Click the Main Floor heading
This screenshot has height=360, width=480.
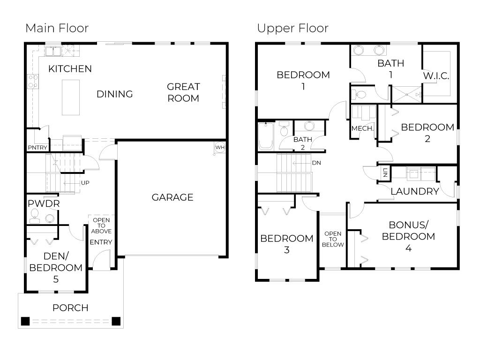click(57, 28)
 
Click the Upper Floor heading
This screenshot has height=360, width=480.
click(292, 28)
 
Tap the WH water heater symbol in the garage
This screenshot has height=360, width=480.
click(220, 148)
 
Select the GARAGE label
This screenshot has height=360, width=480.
click(172, 197)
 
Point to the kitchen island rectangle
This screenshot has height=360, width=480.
click(71, 97)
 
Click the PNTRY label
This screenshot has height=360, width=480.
click(37, 148)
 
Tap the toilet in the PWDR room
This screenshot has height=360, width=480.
click(34, 215)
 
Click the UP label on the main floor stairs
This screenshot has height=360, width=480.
click(85, 183)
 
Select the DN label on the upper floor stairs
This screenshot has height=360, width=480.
click(316, 163)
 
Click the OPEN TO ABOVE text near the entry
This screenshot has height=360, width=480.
click(101, 225)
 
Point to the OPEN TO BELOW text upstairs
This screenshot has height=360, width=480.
click(333, 239)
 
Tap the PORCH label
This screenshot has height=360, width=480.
click(70, 308)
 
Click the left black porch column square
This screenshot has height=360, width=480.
click(25, 322)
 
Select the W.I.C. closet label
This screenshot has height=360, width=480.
click(436, 75)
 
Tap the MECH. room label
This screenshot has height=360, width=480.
click(362, 128)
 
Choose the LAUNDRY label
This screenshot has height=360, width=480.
click(414, 191)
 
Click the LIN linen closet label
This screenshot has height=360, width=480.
click(385, 172)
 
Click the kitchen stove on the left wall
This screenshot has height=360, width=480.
click(32, 81)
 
